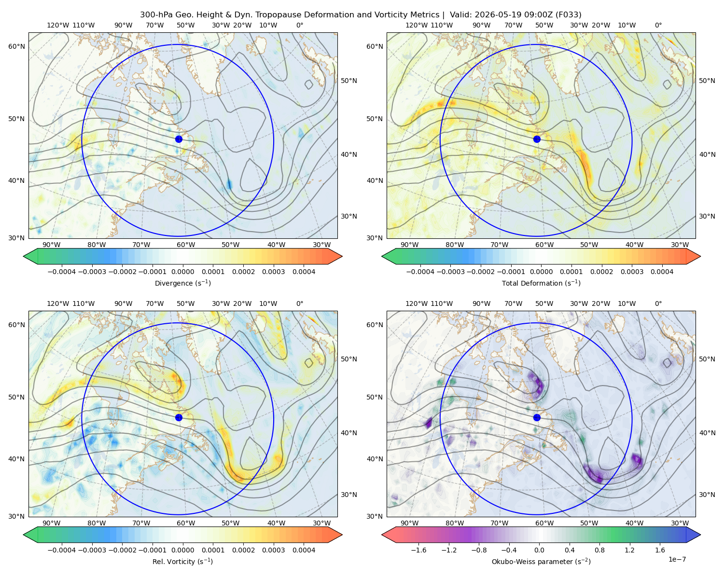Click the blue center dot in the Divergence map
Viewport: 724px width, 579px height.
pos(179,139)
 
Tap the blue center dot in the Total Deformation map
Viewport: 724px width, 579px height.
pos(537,139)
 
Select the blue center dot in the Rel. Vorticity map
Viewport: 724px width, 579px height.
pos(179,417)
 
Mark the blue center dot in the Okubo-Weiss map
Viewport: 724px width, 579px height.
pos(537,417)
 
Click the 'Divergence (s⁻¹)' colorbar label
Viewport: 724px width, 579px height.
pos(182,283)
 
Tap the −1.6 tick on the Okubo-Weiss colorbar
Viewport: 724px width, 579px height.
pos(418,550)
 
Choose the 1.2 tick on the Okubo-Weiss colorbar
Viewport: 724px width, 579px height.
pos(629,550)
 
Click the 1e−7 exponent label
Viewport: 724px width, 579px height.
pos(677,559)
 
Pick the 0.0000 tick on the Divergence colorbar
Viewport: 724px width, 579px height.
pos(182,272)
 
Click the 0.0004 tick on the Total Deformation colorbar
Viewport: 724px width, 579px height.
pos(662,272)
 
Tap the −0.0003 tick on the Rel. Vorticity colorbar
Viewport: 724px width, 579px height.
pos(92,550)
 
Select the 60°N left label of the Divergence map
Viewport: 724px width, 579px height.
pos(16,46)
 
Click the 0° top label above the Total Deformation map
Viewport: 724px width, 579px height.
pos(658,25)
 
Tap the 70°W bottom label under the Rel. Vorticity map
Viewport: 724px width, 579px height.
pos(141,523)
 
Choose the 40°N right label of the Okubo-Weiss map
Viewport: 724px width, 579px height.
pos(707,433)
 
